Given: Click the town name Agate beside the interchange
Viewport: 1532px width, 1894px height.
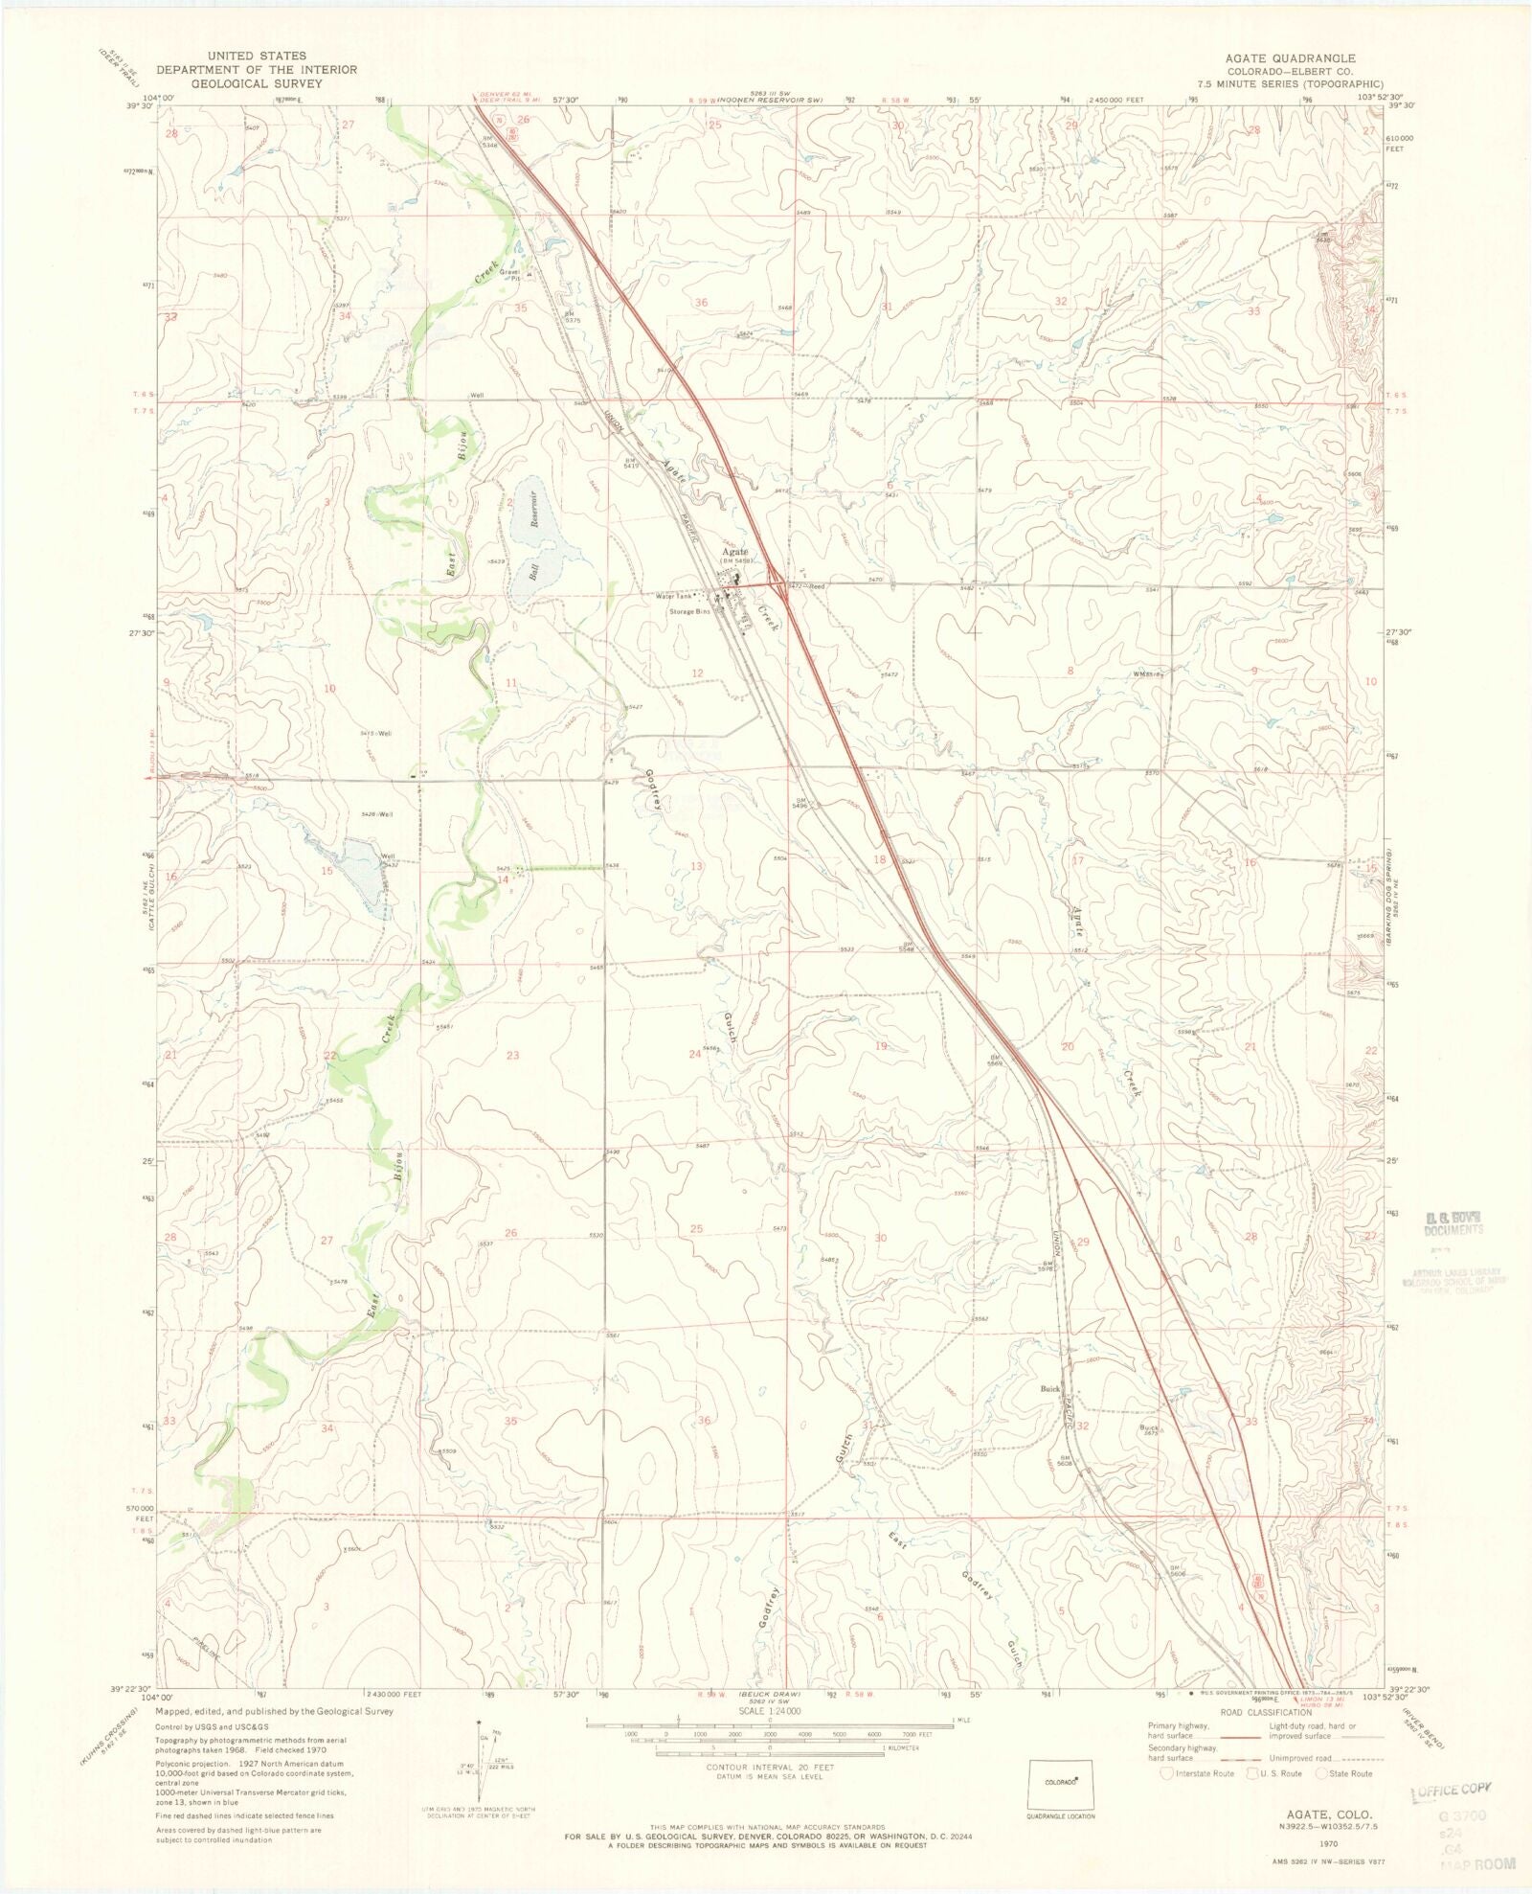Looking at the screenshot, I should click(x=735, y=552).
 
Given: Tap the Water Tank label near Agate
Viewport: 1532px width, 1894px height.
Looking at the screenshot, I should click(x=674, y=597).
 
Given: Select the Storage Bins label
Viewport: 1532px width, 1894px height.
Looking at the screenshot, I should click(x=689, y=611).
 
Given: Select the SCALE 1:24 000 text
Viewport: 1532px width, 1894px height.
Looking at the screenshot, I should click(x=769, y=1710).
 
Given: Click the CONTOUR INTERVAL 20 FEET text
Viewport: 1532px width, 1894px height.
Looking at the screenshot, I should click(x=769, y=1766).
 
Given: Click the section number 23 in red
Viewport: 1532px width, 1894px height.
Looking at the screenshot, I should click(x=512, y=1055).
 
